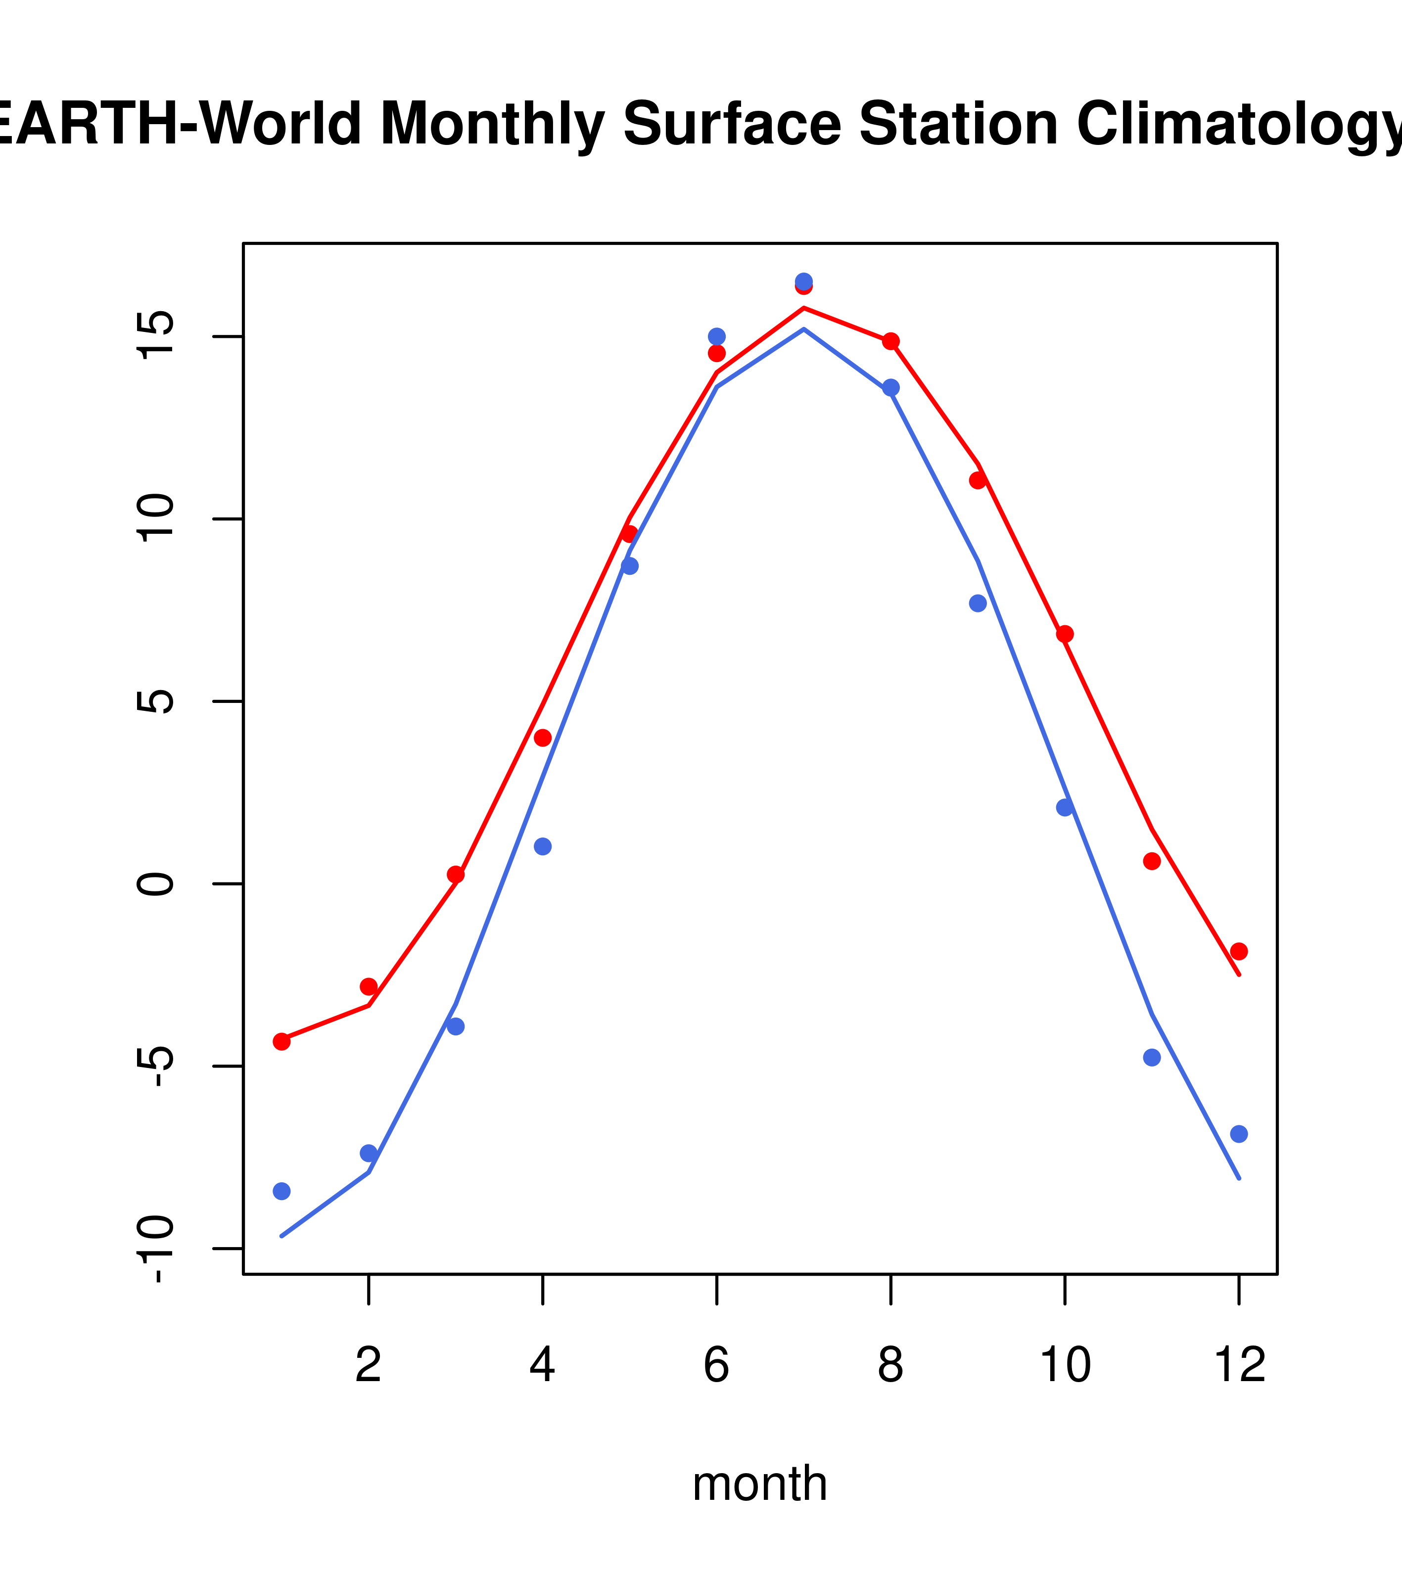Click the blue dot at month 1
[281, 1191]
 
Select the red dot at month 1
[281, 1042]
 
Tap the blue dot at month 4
[542, 846]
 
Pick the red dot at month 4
[542, 738]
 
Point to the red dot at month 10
[1065, 634]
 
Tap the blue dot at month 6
[717, 336]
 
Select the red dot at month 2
[369, 987]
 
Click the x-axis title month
[760, 1484]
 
